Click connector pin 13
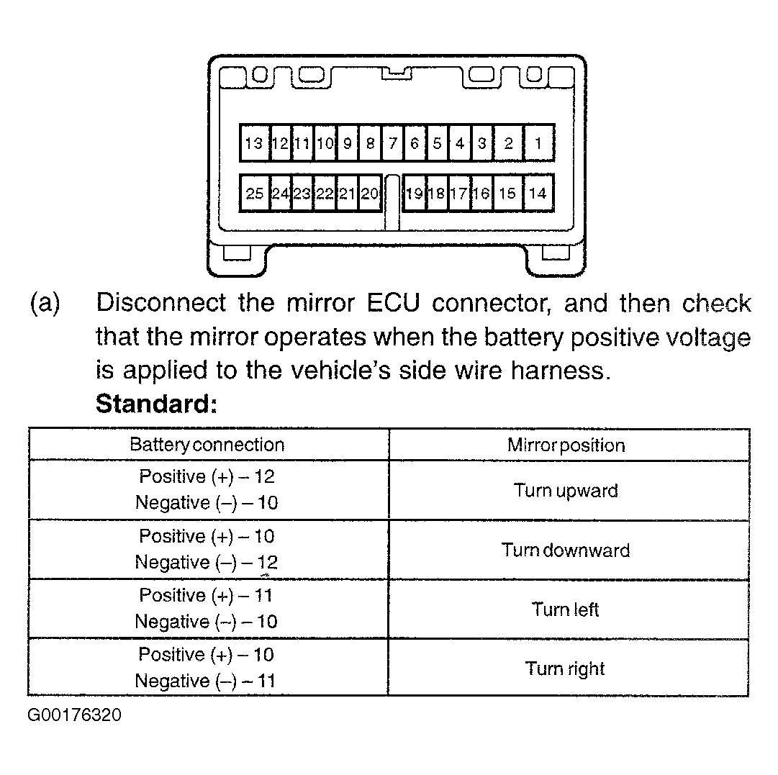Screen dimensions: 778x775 point(255,143)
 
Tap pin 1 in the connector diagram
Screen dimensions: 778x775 point(538,143)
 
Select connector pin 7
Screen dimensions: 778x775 point(393,143)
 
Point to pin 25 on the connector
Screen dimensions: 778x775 point(255,193)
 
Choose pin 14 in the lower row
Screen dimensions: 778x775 point(538,193)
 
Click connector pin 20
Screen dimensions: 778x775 point(370,193)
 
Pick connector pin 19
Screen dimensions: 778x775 point(415,193)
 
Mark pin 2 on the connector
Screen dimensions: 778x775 point(509,143)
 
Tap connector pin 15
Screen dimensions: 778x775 point(507,193)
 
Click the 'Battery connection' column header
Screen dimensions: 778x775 point(207,445)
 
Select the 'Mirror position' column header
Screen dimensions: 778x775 point(566,445)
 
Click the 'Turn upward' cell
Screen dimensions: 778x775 point(566,490)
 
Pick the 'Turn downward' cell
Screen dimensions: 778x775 point(566,550)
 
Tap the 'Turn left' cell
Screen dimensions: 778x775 point(565,609)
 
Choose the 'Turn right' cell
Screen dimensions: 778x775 point(565,669)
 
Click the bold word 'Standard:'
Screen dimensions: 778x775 point(156,404)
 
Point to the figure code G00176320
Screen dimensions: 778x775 point(74,715)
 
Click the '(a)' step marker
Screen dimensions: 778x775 point(45,303)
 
